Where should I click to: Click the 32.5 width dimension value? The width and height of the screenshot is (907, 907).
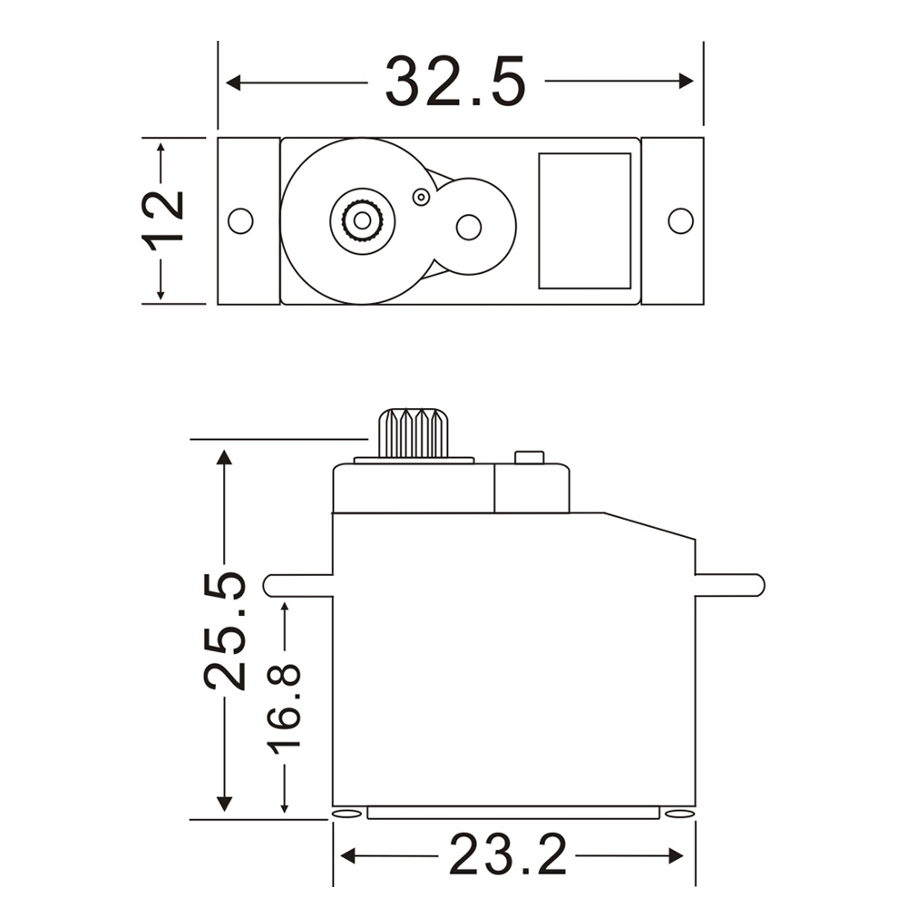pos(455,82)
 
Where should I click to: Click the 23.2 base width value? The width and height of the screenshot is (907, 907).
pos(508,854)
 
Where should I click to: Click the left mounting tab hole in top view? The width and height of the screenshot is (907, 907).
pos(240,220)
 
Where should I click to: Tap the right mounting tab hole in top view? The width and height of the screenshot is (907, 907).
pos(680,220)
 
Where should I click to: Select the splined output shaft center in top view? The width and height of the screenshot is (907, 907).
pos(362,219)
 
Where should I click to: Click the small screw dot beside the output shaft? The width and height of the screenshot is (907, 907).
pos(420,197)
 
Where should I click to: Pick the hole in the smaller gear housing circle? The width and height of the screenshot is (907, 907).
pos(468,227)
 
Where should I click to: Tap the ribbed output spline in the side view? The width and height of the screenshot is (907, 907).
pos(414,434)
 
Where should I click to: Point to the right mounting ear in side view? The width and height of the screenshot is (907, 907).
pos(729,585)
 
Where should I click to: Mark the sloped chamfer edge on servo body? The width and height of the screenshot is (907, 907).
pos(649,526)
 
